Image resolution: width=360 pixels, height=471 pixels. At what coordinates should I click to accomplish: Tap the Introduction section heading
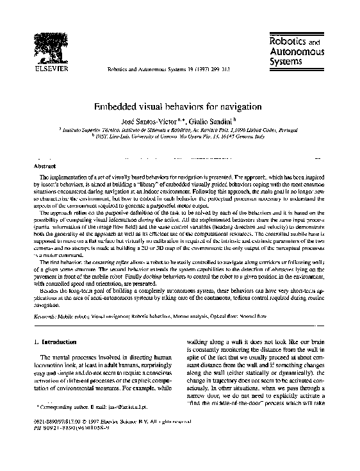63,342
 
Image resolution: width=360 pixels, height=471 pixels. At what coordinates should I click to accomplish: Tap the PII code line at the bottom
67,444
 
